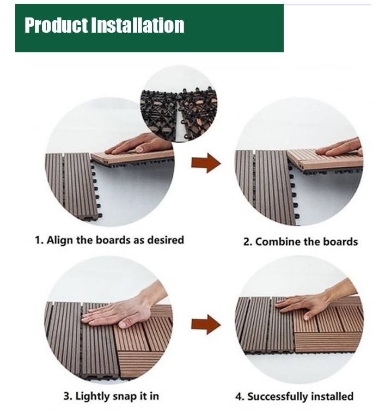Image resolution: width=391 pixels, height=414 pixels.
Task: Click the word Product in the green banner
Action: coord(56,25)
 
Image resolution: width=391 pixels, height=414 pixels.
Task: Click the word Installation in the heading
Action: coord(137,25)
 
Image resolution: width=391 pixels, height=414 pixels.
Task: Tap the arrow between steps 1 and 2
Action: coord(206,163)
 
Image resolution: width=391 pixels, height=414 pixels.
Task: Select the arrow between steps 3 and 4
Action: coord(206,325)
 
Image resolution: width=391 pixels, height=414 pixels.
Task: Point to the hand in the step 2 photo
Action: coord(339,147)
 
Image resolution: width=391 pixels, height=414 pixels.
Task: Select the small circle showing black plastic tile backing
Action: coord(179,103)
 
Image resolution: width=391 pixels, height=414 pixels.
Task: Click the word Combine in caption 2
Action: coord(278,242)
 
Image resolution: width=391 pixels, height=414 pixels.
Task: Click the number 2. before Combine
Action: coord(248,242)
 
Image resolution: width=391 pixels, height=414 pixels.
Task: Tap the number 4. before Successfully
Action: coord(240,397)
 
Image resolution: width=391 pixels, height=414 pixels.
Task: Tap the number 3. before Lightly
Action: coord(68,397)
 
